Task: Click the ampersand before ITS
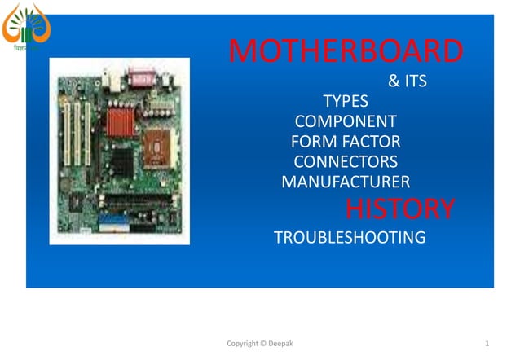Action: [x=394, y=82]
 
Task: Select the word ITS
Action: [x=415, y=82]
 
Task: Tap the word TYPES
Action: [x=346, y=102]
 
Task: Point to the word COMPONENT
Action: [x=346, y=122]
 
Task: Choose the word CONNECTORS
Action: [x=346, y=161]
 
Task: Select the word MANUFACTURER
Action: [x=346, y=181]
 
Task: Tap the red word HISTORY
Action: [x=399, y=209]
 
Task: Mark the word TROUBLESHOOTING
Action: [x=350, y=238]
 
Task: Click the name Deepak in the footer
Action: [x=281, y=344]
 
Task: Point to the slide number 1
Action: [x=486, y=344]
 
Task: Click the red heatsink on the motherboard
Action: [x=120, y=122]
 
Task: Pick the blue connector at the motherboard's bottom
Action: [x=114, y=219]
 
